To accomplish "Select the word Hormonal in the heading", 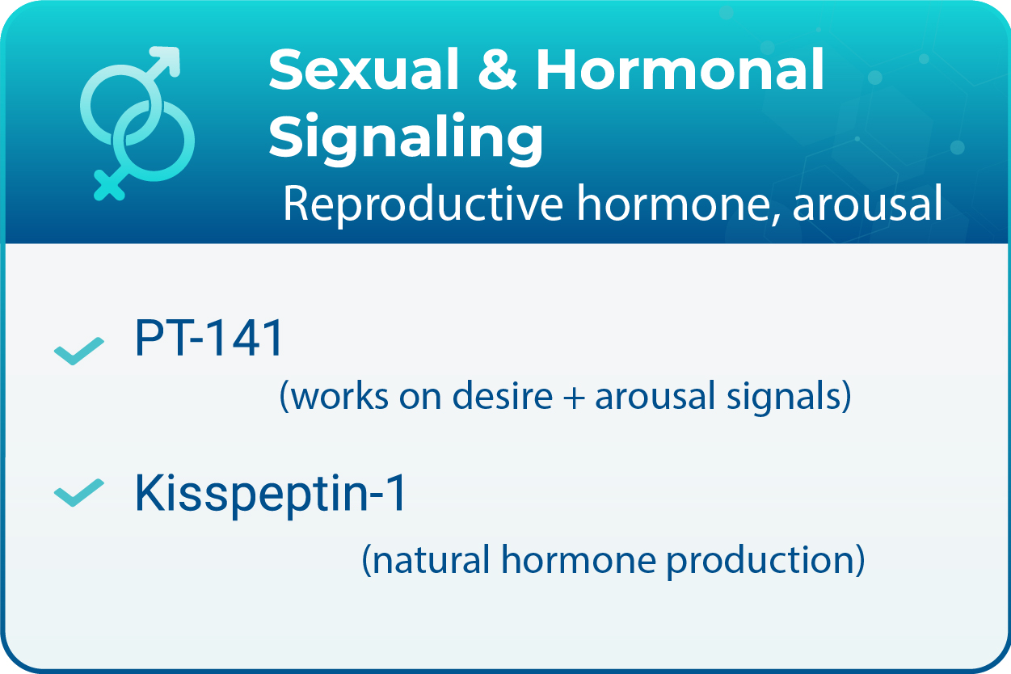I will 680,70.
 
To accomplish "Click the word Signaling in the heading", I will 406,138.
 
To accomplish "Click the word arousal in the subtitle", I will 867,205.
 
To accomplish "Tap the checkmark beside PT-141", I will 78,350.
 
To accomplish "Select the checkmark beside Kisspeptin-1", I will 78,492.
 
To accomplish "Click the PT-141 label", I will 209,340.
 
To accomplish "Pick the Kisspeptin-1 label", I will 271,494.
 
